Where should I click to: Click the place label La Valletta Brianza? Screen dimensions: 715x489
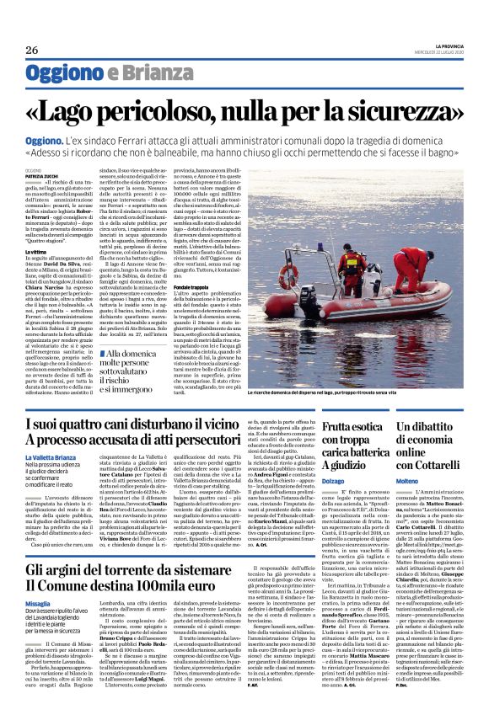(x=54, y=457)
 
